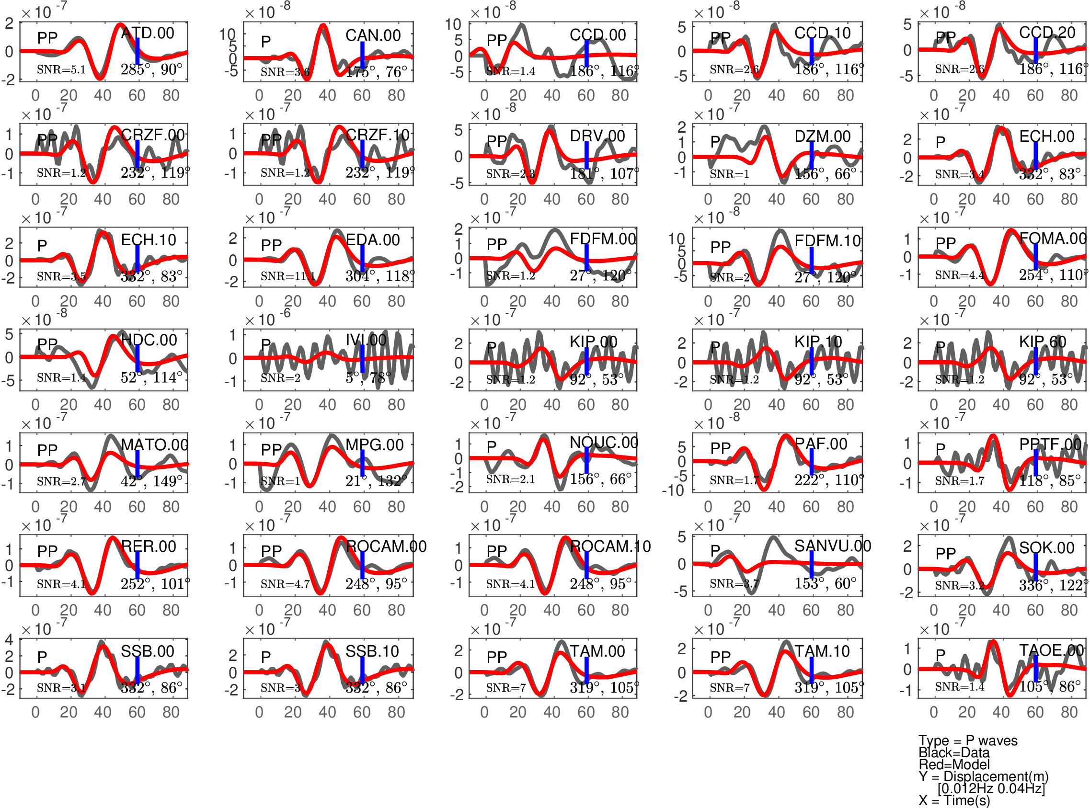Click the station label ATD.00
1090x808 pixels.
pyautogui.click(x=147, y=33)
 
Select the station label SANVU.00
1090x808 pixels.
pyautogui.click(x=832, y=546)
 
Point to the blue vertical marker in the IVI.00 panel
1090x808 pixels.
pyautogui.click(x=362, y=359)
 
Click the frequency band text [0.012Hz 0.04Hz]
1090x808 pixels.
pyautogui.click(x=991, y=788)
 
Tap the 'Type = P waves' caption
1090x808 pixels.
pyautogui.click(x=968, y=741)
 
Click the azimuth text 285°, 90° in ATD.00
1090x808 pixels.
pyautogui.click(x=152, y=69)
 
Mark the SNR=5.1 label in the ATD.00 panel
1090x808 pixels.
pyautogui.click(x=61, y=69)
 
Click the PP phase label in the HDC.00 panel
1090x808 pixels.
pyautogui.click(x=47, y=344)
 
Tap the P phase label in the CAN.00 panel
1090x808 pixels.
pyautogui.click(x=265, y=42)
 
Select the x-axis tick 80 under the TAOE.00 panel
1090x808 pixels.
pyautogui.click(x=1069, y=712)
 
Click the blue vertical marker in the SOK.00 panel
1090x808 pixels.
pyautogui.click(x=1035, y=568)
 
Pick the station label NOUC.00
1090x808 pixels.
pyautogui.click(x=604, y=443)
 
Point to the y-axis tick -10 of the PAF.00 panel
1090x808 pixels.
pyautogui.click(x=673, y=490)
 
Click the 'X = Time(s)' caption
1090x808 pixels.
pyautogui.click(x=954, y=801)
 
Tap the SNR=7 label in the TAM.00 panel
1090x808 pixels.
pyautogui.click(x=506, y=688)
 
